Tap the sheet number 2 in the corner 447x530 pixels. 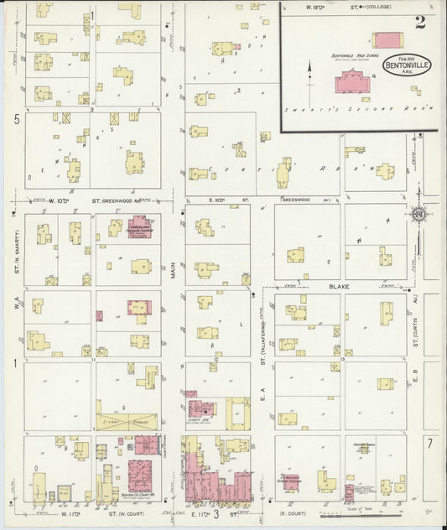(x=419, y=23)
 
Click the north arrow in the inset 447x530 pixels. (x=309, y=70)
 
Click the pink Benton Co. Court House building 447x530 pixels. (x=139, y=471)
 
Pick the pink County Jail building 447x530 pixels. (x=202, y=408)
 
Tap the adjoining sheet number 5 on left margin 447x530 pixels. (x=16, y=120)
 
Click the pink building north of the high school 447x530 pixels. (x=388, y=39)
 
